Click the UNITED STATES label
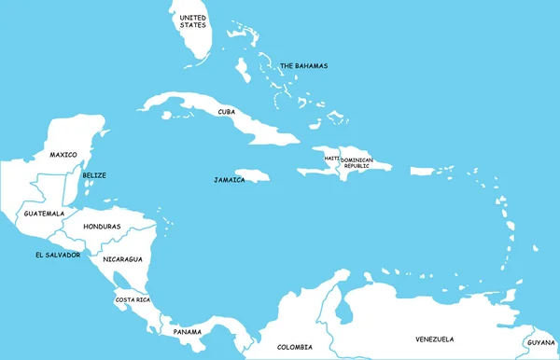point(192,22)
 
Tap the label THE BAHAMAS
point(303,65)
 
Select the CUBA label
point(226,112)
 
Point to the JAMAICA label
point(229,180)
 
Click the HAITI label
point(331,159)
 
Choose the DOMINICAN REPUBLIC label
point(357,162)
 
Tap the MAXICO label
point(63,155)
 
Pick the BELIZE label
point(94,175)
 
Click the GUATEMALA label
point(44,214)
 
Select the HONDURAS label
point(102,227)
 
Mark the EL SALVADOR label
point(57,255)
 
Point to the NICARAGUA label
point(122,258)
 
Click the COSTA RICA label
point(131,299)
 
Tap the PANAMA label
point(187,332)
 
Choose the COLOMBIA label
point(295,348)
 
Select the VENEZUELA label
point(434,339)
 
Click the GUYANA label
point(540,342)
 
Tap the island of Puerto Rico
point(430,172)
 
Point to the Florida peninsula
point(199,42)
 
